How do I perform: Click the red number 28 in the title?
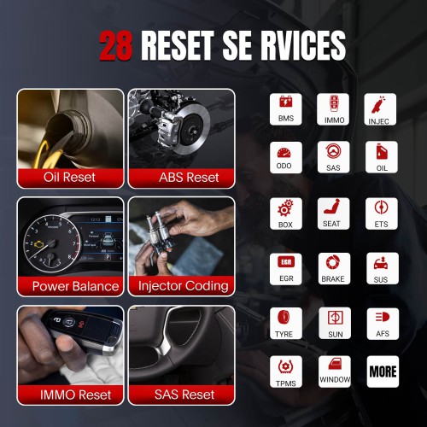click(116, 45)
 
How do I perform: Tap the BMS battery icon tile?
click(286, 109)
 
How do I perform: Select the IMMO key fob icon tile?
click(333, 109)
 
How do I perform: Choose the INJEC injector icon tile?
click(380, 109)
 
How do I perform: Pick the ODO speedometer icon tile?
click(286, 157)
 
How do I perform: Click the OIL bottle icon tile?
click(382, 157)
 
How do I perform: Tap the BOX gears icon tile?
click(286, 213)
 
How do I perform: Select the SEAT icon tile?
click(333, 213)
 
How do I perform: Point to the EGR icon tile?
click(286, 269)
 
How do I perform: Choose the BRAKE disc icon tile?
click(334, 268)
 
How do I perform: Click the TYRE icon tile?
click(286, 323)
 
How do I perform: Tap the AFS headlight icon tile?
click(383, 324)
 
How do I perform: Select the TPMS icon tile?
click(286, 371)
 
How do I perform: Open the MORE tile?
click(383, 371)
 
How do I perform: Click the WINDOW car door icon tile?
click(335, 371)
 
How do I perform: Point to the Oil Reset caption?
click(69, 177)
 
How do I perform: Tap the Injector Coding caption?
click(184, 286)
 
